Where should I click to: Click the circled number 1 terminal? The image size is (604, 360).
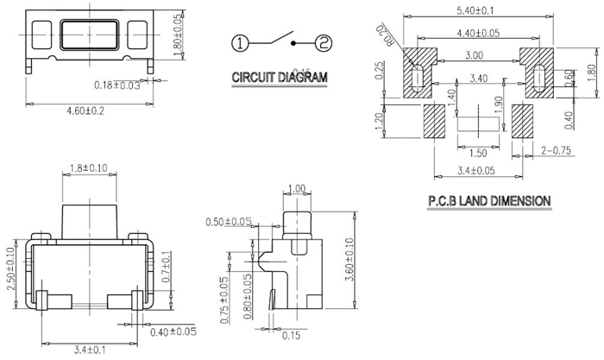240,41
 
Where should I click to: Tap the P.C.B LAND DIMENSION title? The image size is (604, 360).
488,201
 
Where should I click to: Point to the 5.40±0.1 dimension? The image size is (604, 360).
491,9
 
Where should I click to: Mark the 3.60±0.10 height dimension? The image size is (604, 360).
349,257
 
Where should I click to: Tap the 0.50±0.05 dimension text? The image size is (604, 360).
229,222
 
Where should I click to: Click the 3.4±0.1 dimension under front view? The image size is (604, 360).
91,350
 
